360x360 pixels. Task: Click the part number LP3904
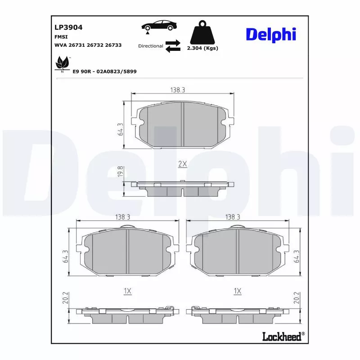click(68, 27)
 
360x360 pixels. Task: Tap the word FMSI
click(61, 37)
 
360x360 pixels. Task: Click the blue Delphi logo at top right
click(270, 34)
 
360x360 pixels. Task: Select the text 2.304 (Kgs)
click(202, 48)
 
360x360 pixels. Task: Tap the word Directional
click(150, 46)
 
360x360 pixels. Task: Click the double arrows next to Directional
click(172, 46)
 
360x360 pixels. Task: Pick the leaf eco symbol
click(61, 64)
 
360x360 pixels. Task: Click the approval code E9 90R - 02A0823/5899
click(104, 71)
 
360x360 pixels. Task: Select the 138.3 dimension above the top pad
click(178, 90)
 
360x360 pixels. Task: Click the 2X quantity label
click(182, 164)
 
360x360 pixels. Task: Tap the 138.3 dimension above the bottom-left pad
click(122, 217)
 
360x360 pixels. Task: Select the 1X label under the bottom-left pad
click(127, 292)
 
